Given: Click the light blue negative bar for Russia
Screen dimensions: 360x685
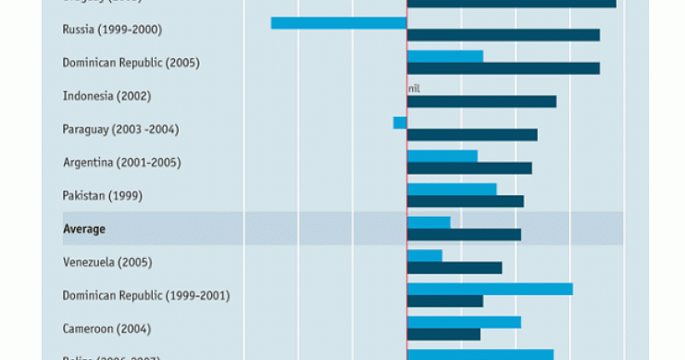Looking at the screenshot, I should (x=339, y=22).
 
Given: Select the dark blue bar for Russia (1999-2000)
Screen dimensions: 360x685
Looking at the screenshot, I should (x=503, y=35).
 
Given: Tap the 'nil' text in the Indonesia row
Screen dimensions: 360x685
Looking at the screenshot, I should (x=414, y=89).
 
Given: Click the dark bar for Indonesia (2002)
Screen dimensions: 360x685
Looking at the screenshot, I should (x=481, y=102).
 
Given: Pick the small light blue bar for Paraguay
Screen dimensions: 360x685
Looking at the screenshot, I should (x=400, y=122).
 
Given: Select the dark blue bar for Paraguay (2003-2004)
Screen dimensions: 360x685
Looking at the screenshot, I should (x=472, y=135).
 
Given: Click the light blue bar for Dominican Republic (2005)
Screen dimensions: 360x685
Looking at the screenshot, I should (x=444, y=56).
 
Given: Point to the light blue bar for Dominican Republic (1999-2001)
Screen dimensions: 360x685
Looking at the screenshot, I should (x=490, y=289).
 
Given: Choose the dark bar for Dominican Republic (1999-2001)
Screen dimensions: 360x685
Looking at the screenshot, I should (x=444, y=301).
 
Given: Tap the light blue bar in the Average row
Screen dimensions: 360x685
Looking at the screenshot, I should (x=429, y=222).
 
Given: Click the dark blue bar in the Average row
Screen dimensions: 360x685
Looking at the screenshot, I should (x=464, y=235).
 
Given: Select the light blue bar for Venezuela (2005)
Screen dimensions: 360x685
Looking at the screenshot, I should (x=424, y=255).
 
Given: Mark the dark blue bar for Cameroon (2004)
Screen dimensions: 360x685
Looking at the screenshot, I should (x=443, y=334).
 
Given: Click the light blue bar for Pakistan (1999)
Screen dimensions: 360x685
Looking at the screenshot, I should (x=452, y=189).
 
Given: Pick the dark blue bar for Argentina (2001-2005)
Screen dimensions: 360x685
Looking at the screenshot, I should (x=469, y=168).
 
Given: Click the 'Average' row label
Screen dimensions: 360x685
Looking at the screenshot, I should (x=84, y=229).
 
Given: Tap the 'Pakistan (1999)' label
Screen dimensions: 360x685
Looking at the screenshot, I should (x=103, y=195).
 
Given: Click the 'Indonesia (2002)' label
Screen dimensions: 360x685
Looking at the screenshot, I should (x=106, y=96).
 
